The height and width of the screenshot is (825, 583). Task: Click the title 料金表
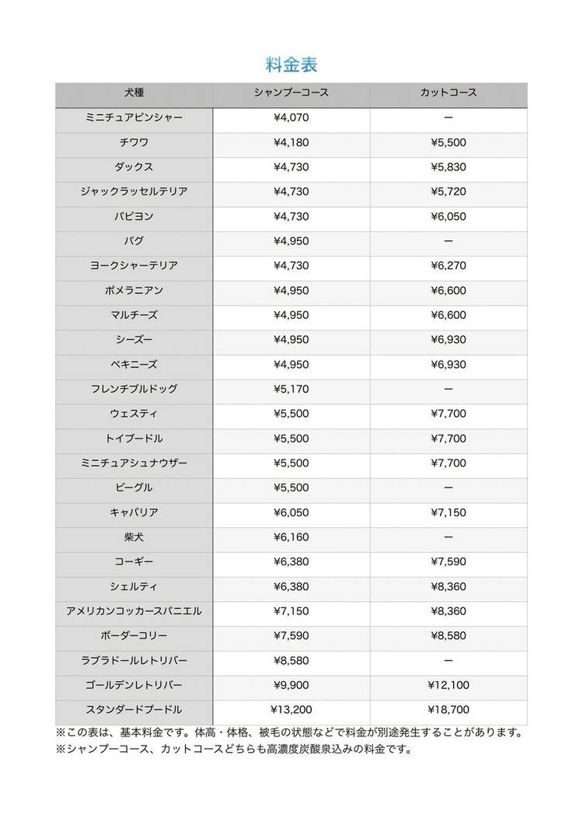point(291,63)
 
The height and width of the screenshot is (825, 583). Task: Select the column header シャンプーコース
point(291,93)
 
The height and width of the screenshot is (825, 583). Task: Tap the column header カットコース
point(448,93)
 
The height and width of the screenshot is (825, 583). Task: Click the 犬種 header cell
point(133,93)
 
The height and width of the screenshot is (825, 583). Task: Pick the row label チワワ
point(133,142)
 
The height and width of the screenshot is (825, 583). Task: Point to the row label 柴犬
point(133,537)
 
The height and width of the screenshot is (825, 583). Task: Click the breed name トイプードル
point(133,439)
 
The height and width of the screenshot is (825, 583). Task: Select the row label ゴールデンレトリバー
point(133,685)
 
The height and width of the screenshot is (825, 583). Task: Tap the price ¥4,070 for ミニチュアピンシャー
point(291,117)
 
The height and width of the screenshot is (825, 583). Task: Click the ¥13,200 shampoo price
point(291,709)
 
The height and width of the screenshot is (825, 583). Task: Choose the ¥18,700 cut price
point(448,709)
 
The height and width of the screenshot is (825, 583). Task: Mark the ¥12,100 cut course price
point(448,685)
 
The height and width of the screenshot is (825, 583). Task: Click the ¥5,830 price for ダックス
point(448,167)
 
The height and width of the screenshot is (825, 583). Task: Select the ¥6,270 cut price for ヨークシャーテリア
point(448,266)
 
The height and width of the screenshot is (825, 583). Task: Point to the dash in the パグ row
point(448,241)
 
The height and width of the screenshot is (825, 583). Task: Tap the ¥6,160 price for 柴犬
point(291,537)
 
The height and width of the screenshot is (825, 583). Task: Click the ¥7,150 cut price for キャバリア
point(448,512)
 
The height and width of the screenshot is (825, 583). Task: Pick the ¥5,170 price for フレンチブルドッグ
point(291,389)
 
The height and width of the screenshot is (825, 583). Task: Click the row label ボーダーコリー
point(133,635)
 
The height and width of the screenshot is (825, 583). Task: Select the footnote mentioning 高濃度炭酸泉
point(233,750)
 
